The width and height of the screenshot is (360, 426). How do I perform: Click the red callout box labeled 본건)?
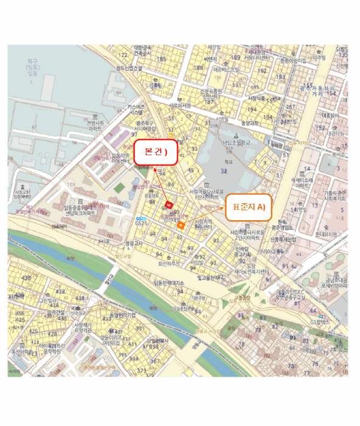155,152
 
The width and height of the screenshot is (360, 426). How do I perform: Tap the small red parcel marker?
169,203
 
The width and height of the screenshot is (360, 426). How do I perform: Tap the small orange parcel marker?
180,225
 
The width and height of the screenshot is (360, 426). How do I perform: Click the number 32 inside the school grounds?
224,172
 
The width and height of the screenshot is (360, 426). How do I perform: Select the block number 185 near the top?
161,59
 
